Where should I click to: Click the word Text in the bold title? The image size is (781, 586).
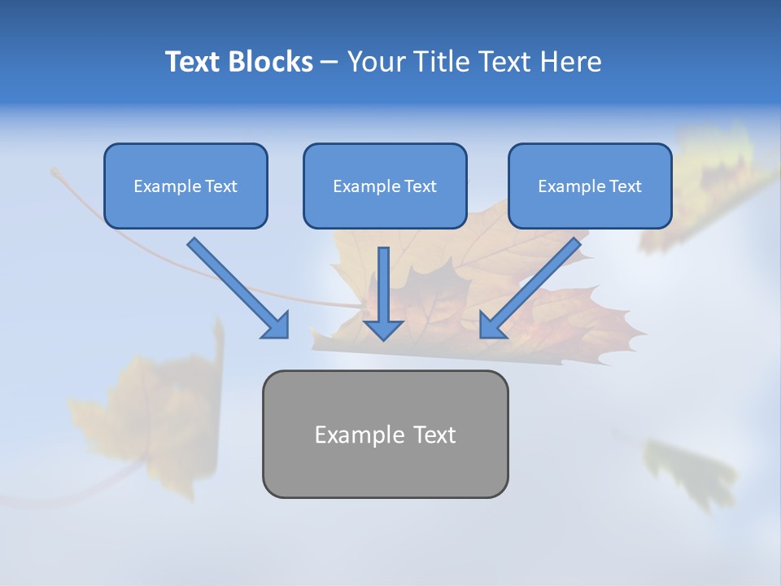click(x=192, y=62)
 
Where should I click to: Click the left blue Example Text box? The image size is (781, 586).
click(x=185, y=186)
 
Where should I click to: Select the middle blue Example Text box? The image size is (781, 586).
click(x=385, y=186)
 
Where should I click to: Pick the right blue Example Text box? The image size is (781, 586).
click(x=590, y=186)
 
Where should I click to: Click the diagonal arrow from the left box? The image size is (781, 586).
click(x=236, y=285)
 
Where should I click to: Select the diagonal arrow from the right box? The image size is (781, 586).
click(x=533, y=285)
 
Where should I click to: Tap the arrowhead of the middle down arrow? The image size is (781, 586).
click(x=383, y=328)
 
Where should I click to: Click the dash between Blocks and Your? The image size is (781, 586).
click(x=329, y=63)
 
